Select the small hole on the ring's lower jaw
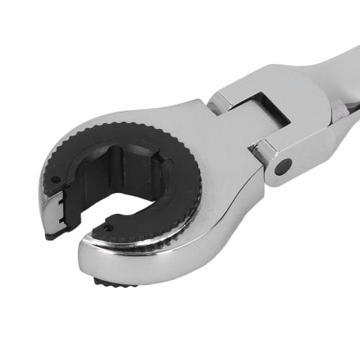[x=108, y=228]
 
